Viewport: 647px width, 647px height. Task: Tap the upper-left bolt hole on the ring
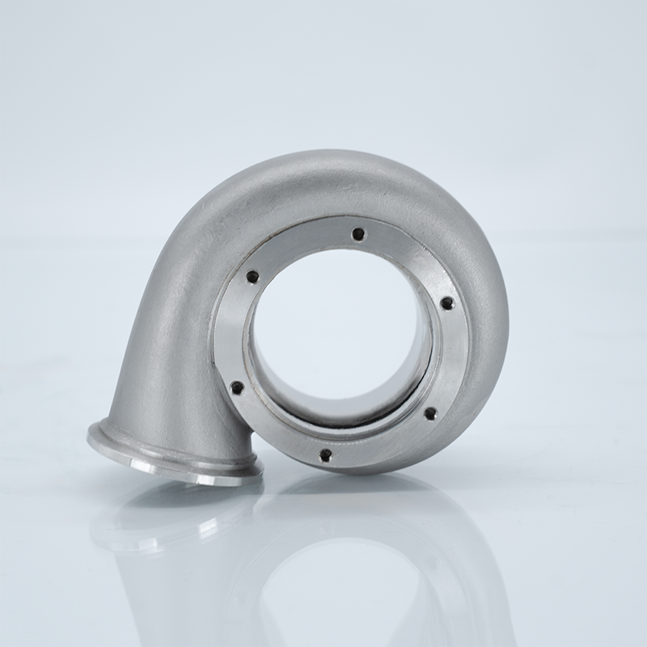point(253,277)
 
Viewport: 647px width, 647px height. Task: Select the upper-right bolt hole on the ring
point(446,303)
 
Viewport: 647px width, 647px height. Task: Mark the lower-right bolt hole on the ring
point(430,413)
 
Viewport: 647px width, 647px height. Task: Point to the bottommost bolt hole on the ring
point(324,455)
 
